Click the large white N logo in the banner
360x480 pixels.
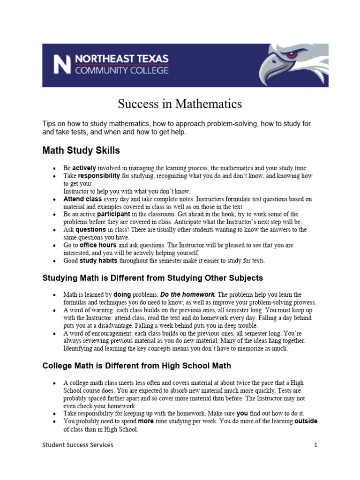[x=62, y=65]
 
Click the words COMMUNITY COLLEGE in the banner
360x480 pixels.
[x=121, y=71]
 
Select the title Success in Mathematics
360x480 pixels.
[x=180, y=103]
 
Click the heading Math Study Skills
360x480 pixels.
[x=81, y=150]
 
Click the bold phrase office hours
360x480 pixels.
[x=98, y=245]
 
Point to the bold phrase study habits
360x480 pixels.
[x=99, y=261]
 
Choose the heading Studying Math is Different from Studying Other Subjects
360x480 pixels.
[x=153, y=278]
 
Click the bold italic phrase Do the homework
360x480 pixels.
[x=195, y=294]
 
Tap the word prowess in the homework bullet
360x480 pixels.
[x=304, y=302]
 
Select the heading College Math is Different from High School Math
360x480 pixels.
[x=136, y=366]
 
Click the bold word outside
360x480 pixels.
[x=306, y=421]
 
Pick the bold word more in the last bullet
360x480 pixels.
[x=146, y=421]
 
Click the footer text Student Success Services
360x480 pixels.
[x=78, y=445]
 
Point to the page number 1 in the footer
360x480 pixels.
[x=316, y=445]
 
